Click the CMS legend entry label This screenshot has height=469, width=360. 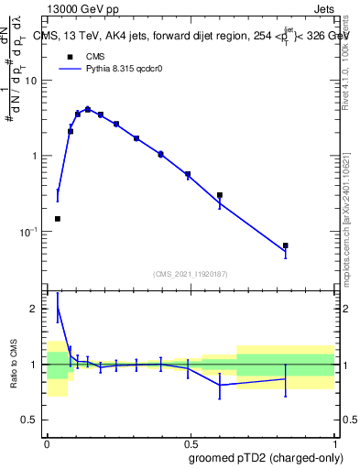95,57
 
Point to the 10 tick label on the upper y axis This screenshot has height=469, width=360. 30,81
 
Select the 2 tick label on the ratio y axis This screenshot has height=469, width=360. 36,309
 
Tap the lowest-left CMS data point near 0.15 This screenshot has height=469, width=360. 58,219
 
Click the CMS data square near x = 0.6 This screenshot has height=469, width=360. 220,195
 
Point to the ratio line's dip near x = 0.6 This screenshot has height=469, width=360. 220,385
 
